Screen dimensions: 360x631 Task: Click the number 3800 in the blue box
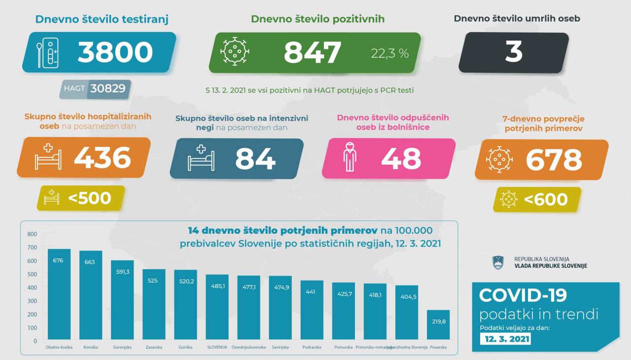pos(115,52)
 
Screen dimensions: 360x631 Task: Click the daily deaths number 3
pos(514,52)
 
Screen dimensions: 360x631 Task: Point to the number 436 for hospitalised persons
pos(103,158)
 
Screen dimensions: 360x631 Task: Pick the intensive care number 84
pos(255,159)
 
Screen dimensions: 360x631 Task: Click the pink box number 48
pos(401,159)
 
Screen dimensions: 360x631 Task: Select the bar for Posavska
pos(438,325)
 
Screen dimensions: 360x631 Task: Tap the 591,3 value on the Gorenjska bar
pos(122,272)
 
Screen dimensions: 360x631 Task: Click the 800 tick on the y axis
pos(32,234)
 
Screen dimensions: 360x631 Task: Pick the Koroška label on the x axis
pos(91,347)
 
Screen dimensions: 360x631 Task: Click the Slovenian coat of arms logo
pos(498,262)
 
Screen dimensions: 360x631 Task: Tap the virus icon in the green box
pos(234,51)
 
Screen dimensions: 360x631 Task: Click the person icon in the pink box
pos(349,157)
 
